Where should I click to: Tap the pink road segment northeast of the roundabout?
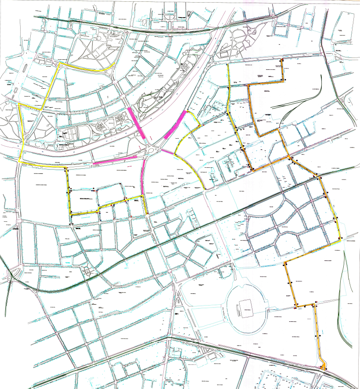point(175,125)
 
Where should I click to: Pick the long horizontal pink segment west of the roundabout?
point(115,160)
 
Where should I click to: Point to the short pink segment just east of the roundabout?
point(167,152)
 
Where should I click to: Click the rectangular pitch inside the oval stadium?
point(245,308)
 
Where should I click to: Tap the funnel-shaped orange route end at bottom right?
point(323,364)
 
